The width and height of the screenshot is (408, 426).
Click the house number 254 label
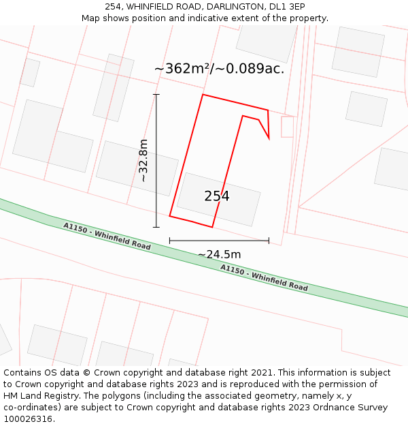pyautogui.click(x=217, y=196)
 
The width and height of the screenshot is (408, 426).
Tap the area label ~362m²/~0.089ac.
pyautogui.click(x=219, y=69)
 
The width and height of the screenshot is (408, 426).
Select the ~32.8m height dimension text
pyautogui.click(x=143, y=160)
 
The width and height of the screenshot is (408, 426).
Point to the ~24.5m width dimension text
pyautogui.click(x=219, y=254)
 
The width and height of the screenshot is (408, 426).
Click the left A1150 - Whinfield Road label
pyautogui.click(x=107, y=237)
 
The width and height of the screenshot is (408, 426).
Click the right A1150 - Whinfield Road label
pyautogui.click(x=264, y=277)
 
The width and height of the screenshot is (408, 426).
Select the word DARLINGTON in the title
pyautogui.click(x=224, y=7)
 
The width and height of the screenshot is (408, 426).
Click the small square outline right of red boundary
pyautogui.click(x=287, y=127)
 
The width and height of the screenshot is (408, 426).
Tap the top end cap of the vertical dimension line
pyautogui.click(x=156, y=95)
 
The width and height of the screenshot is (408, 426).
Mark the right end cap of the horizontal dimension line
pyautogui.click(x=269, y=241)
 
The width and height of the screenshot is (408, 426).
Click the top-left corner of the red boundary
pyautogui.click(x=203, y=95)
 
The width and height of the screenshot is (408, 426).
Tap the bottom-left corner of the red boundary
pyautogui.click(x=170, y=217)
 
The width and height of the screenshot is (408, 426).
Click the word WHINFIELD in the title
pyautogui.click(x=158, y=7)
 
